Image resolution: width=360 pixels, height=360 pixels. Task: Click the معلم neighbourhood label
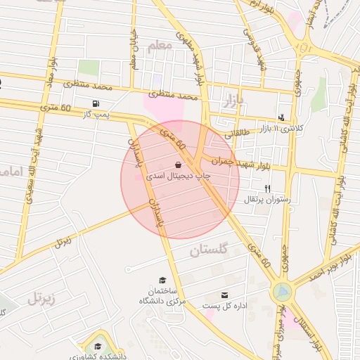tap(160, 46)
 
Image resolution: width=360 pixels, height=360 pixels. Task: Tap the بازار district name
tap(232, 101)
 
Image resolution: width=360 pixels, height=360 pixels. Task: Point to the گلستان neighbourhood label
tap(210, 250)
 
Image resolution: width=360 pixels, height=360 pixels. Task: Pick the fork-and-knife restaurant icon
tap(267, 188)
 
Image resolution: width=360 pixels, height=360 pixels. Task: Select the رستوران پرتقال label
tap(266, 200)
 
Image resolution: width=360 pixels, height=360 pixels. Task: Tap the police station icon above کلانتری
tap(282, 117)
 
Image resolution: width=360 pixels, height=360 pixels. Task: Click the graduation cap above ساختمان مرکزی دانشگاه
tap(162, 280)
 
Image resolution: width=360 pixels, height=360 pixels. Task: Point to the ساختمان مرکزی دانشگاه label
tap(162, 296)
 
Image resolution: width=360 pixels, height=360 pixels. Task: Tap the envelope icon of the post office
tap(224, 295)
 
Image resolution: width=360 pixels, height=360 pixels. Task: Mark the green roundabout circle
tap(282, 290)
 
